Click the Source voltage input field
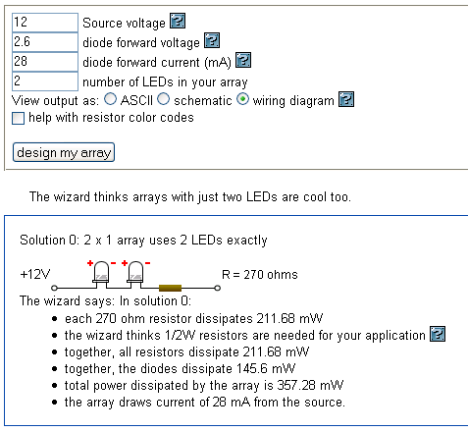tap(45, 23)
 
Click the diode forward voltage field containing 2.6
tap(45, 42)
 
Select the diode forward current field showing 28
tap(45, 62)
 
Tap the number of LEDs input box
tap(45, 81)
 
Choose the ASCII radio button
tap(110, 99)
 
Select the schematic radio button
tap(163, 99)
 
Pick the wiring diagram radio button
tap(242, 99)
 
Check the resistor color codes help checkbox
tap(18, 118)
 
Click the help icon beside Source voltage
tap(178, 21)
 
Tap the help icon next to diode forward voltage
tap(212, 40)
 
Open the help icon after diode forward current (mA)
tap(243, 60)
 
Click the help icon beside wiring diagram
tap(346, 99)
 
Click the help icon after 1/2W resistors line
tap(438, 334)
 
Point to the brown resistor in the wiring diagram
tap(170, 288)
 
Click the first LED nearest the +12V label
tap(101, 274)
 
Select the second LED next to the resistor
tap(135, 274)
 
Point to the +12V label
tap(35, 274)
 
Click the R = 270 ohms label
tap(260, 275)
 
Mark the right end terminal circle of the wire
tap(217, 288)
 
